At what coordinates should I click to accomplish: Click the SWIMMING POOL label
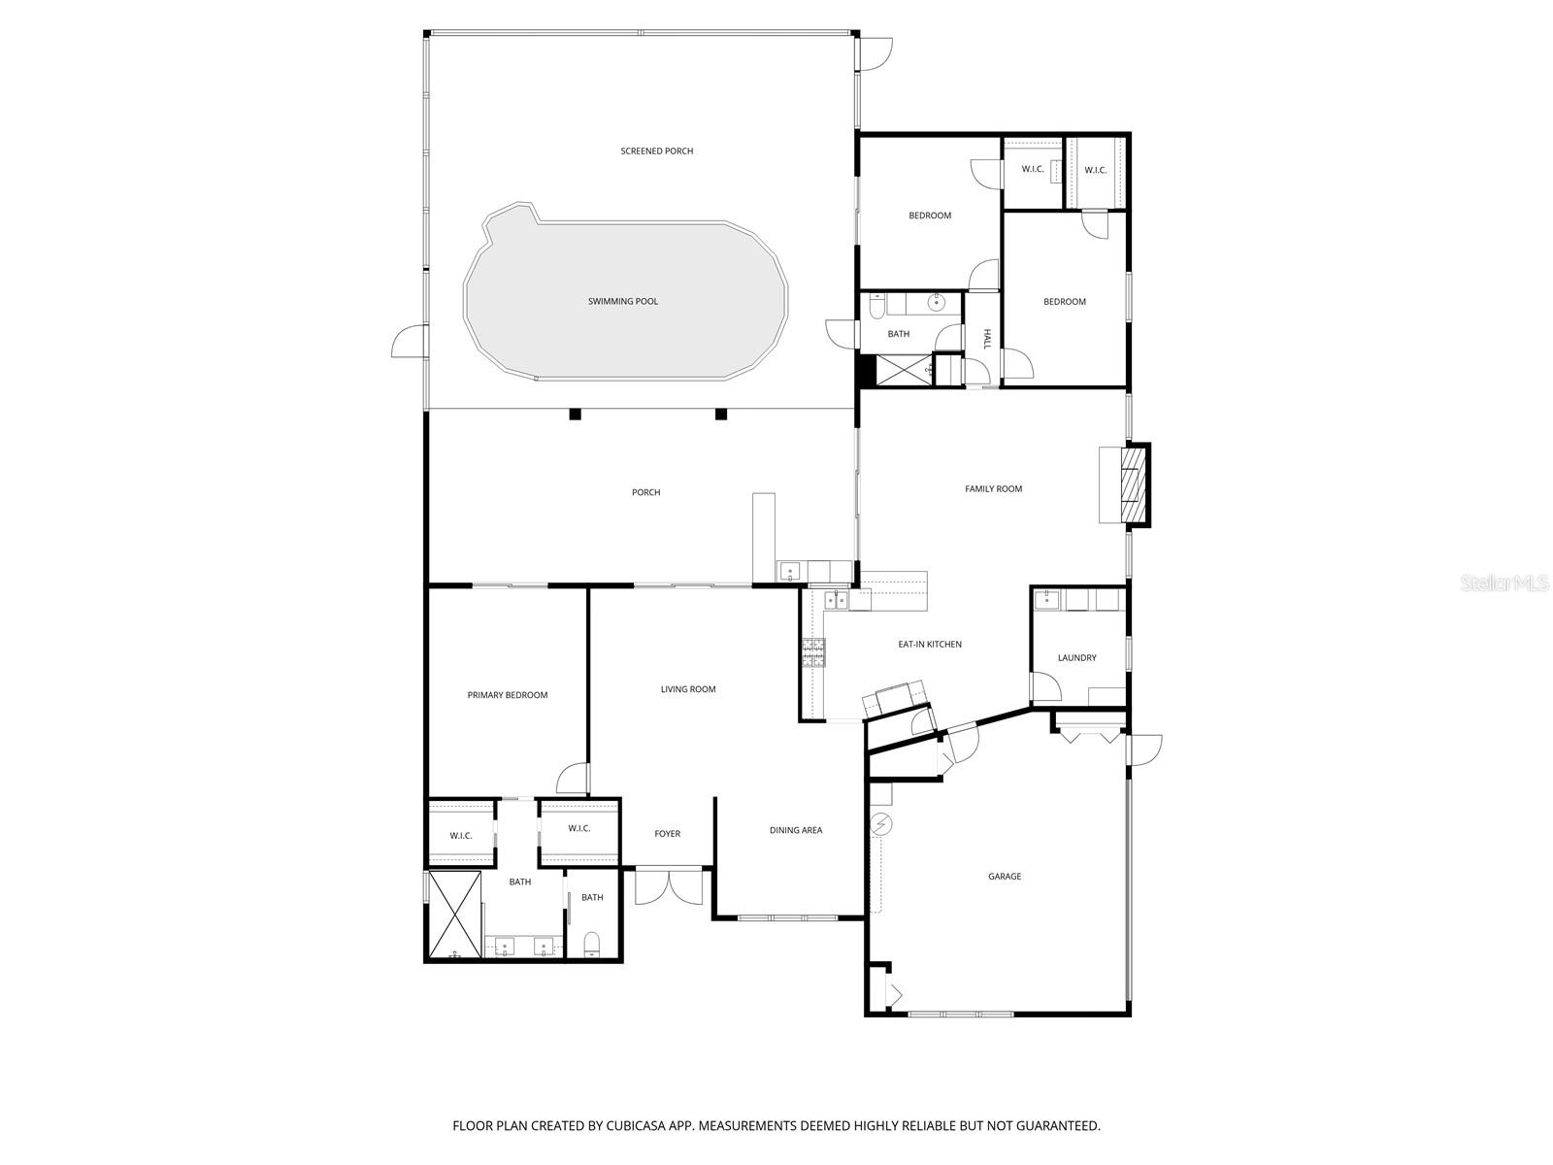click(622, 302)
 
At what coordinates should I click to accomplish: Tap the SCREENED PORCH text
click(657, 151)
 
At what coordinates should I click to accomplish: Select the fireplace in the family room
click(1134, 484)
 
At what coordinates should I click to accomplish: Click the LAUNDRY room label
click(1076, 658)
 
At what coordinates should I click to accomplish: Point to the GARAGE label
click(1005, 877)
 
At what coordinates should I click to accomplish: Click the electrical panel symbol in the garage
click(881, 824)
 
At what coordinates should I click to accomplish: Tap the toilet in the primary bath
click(592, 943)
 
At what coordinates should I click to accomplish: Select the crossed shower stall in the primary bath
click(455, 915)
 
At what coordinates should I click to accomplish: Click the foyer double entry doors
click(668, 886)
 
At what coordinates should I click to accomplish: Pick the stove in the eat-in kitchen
click(812, 653)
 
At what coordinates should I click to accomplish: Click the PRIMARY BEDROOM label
click(508, 695)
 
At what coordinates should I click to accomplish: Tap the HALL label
click(987, 339)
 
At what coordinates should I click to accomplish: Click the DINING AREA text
click(796, 830)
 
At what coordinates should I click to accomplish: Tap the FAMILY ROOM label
click(993, 489)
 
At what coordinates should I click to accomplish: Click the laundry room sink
click(1046, 600)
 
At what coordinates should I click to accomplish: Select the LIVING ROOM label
click(688, 689)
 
